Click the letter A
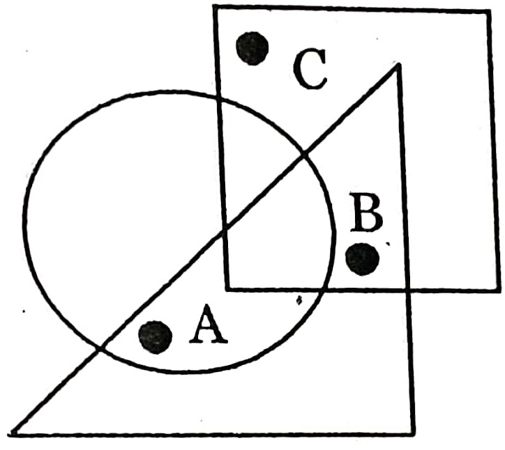[x=209, y=327]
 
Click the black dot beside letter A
[x=155, y=336]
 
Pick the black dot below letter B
[x=363, y=258]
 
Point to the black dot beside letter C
[x=252, y=48]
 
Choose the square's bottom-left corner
[x=227, y=287]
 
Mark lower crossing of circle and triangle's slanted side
[x=103, y=346]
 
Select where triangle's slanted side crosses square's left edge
[x=224, y=228]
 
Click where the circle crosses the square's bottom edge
[x=319, y=288]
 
